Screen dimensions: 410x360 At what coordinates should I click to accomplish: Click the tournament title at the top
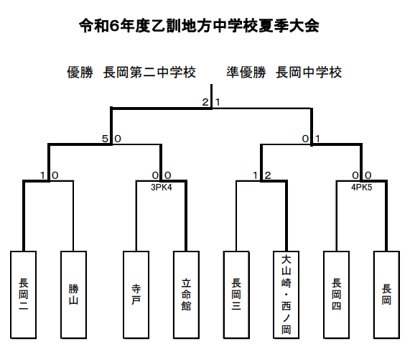coord(199,26)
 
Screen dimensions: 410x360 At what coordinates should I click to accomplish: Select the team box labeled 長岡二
coord(23,295)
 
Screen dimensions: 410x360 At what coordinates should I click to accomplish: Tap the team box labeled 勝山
coord(73,295)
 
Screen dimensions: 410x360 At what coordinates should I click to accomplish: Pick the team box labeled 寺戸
coord(136,295)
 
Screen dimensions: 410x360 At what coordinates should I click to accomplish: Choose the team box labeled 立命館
coord(186,295)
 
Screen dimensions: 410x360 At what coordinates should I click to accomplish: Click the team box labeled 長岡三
coord(236,295)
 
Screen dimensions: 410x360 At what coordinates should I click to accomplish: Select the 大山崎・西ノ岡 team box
coord(286,295)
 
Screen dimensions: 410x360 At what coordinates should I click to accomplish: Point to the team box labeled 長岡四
coord(337,295)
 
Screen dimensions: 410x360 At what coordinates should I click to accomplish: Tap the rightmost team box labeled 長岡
coord(387,295)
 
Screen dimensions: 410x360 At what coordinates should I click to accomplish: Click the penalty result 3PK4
coord(162,188)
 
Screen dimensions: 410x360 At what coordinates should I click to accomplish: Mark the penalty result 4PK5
coord(362,188)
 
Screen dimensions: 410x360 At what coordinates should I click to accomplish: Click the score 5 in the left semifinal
coord(105,139)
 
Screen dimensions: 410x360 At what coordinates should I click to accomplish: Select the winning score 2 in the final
coord(205,102)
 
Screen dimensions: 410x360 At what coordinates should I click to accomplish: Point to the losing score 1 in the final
coord(218,102)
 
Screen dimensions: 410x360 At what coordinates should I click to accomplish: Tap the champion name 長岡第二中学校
coord(149,73)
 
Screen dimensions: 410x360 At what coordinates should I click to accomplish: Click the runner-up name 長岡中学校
coord(309,73)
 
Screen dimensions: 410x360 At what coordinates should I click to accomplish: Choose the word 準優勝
coord(246,73)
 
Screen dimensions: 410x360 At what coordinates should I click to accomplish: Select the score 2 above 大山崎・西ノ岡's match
coord(268,175)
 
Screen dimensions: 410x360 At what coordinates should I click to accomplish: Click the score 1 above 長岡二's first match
coord(42,175)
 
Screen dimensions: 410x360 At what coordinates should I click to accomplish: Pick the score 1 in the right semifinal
coord(317,139)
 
